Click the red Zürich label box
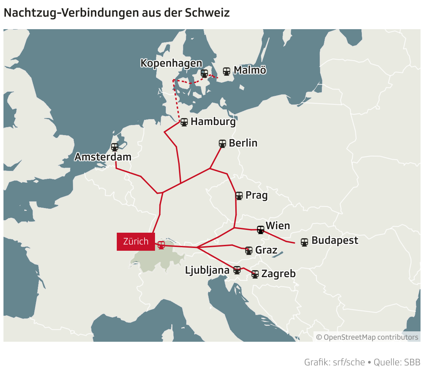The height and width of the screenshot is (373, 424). (x=136, y=241)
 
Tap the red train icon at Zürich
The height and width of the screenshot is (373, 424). (x=161, y=245)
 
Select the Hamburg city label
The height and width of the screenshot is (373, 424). (x=213, y=122)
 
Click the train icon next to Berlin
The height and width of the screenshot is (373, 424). (x=222, y=143)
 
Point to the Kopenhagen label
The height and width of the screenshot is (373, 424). (x=171, y=63)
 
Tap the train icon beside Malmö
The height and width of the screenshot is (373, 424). (x=227, y=72)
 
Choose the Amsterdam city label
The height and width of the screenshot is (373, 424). (x=103, y=157)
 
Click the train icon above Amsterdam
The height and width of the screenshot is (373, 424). (x=115, y=147)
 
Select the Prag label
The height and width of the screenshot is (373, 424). (x=256, y=195)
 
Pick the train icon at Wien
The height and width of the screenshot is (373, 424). (x=261, y=230)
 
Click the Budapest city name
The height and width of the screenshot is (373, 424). (x=335, y=240)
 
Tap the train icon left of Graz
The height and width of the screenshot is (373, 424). (x=249, y=250)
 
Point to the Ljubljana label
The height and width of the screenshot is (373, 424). (x=207, y=270)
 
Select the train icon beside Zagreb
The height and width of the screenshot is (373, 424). (x=255, y=274)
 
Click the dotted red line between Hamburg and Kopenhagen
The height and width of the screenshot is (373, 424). (x=176, y=101)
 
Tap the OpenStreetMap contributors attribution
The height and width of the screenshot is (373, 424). (x=367, y=337)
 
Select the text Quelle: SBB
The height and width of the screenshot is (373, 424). (x=397, y=362)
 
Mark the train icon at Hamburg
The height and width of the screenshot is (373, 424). (x=184, y=122)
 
